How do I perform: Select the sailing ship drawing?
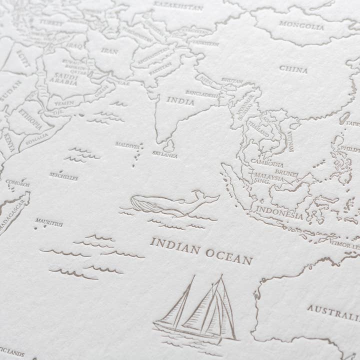pos(197,310)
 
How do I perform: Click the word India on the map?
pos(180,101)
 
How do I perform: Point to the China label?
pos(293,69)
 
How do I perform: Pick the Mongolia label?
pos(301,25)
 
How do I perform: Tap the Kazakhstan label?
pos(179,6)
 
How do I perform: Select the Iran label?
pos(109,51)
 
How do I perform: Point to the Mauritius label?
pos(49,224)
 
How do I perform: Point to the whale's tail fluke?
pos(210,197)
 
